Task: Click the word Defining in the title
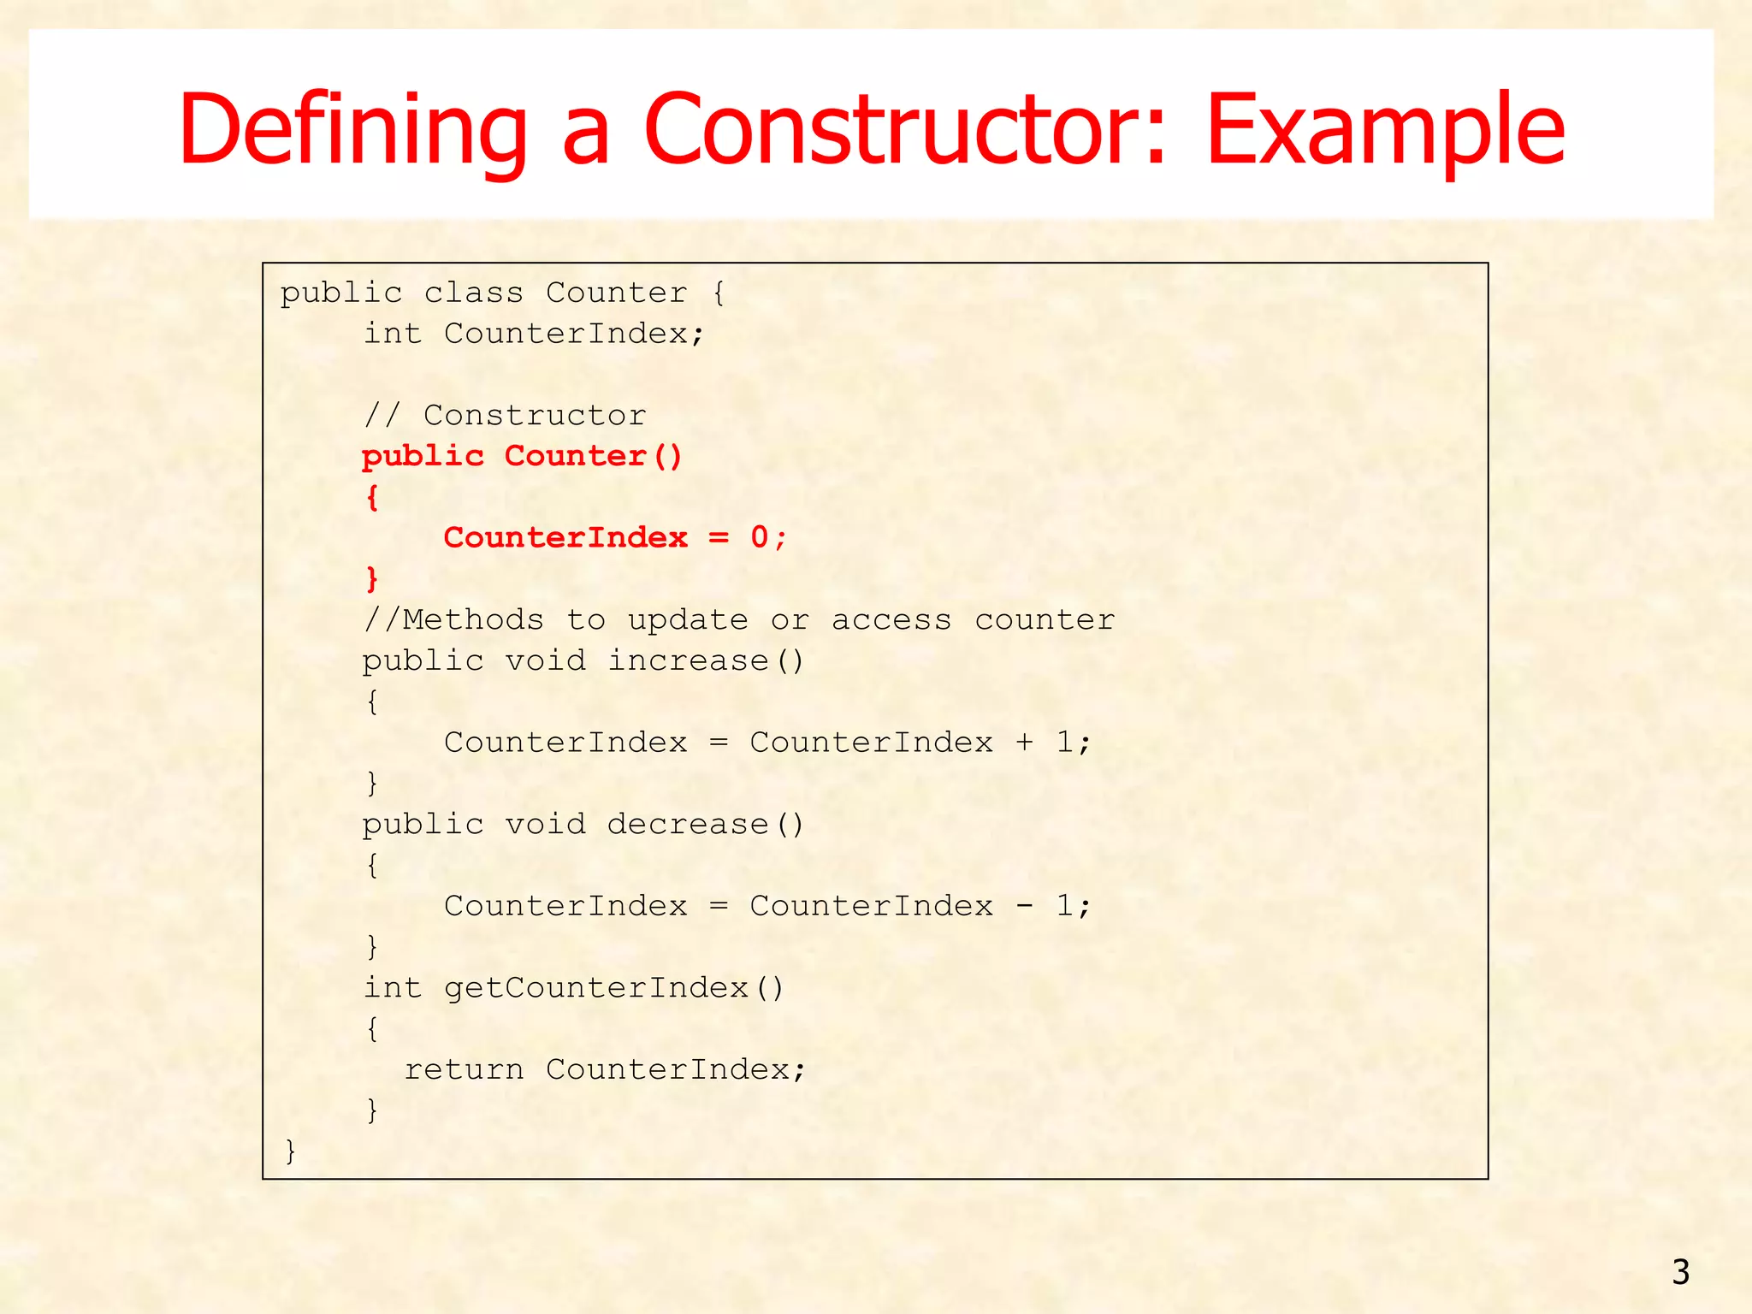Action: tap(352, 130)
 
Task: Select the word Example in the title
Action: tap(1385, 130)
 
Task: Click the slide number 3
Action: tap(1680, 1272)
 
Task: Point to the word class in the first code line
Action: tap(473, 293)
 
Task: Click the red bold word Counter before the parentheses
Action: tap(575, 456)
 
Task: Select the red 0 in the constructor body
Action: tap(759, 537)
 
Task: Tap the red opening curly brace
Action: tap(372, 497)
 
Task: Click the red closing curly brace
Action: tap(372, 579)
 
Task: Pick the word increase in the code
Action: tap(688, 660)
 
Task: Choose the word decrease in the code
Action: tap(688, 824)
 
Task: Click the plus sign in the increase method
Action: tap(1024, 742)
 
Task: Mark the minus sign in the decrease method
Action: tap(1024, 906)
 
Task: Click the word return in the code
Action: tap(464, 1069)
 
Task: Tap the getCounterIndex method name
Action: tap(596, 988)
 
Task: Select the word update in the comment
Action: tap(688, 619)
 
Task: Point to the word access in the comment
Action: tap(891, 619)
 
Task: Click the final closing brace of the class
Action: tap(291, 1151)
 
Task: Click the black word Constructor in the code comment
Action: tap(535, 416)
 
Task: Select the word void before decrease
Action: tap(545, 824)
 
